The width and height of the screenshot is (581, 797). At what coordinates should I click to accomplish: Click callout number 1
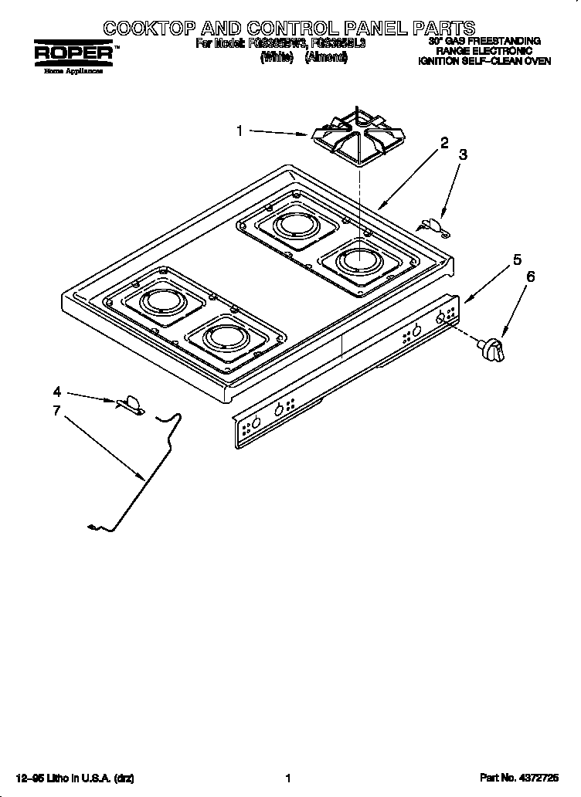240,131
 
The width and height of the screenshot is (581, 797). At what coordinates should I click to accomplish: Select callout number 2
444,143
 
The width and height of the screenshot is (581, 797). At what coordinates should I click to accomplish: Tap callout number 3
463,155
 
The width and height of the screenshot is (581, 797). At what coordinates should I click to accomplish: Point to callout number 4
57,391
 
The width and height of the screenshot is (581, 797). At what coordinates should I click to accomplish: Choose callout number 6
530,276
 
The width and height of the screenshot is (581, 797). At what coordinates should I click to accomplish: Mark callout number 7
56,410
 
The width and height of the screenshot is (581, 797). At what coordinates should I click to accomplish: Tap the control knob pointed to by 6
492,347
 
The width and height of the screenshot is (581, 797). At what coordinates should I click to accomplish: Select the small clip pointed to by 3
434,225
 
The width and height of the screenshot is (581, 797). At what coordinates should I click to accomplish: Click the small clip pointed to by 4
131,404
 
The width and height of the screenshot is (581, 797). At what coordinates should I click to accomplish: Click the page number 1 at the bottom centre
287,779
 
